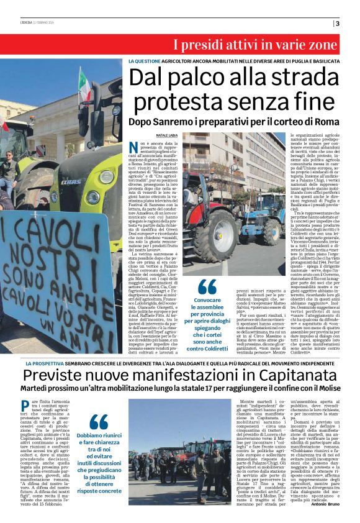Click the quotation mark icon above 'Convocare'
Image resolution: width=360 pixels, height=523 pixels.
(208, 286)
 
